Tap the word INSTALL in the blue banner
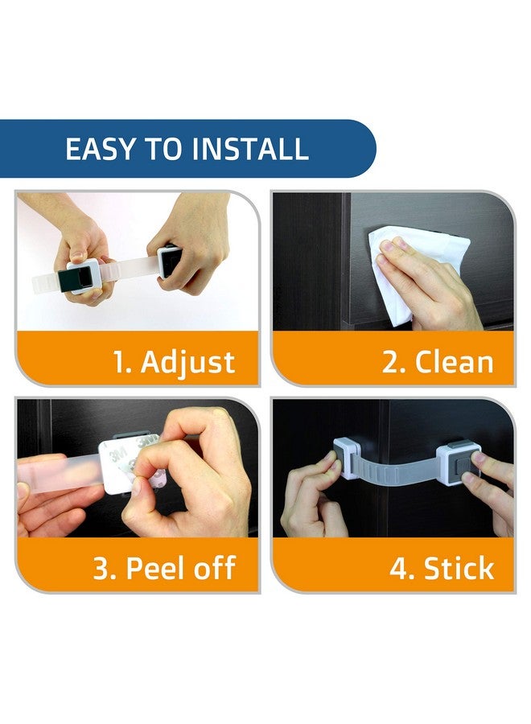249,149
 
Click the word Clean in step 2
454,362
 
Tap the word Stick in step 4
459,568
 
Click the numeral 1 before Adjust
119,362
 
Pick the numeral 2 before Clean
391,362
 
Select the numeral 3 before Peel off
102,568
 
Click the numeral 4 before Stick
399,568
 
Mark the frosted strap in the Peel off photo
58,472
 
